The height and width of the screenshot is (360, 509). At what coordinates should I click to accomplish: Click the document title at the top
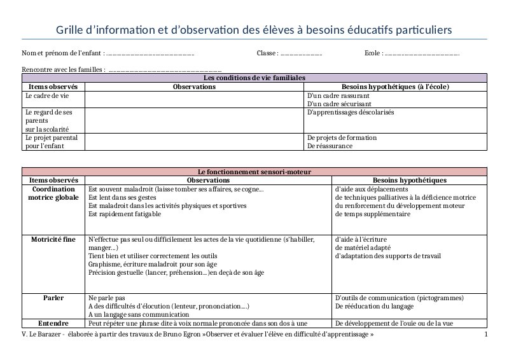pyautogui.click(x=254, y=30)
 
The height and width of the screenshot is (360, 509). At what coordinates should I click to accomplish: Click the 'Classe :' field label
pyautogui.click(x=267, y=53)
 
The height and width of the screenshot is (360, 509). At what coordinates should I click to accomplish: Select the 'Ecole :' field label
pyautogui.click(x=373, y=53)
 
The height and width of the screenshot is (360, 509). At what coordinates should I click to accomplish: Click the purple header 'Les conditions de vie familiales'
pyautogui.click(x=254, y=78)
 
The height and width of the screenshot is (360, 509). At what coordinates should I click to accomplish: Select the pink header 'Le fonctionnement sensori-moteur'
pyautogui.click(x=254, y=172)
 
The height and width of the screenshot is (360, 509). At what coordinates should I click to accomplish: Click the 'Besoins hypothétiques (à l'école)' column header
pyautogui.click(x=395, y=87)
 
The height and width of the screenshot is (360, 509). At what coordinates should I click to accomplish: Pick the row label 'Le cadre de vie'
pyautogui.click(x=46, y=95)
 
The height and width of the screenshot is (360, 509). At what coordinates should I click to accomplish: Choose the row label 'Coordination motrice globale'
pyautogui.click(x=53, y=193)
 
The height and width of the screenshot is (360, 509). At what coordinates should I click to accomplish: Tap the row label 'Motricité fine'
pyautogui.click(x=53, y=240)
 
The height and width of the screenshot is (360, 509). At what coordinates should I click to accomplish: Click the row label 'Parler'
pyautogui.click(x=53, y=298)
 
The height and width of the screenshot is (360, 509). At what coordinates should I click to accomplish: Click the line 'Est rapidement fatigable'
pyautogui.click(x=125, y=214)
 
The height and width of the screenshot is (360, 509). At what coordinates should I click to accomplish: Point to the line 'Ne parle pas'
pyautogui.click(x=107, y=298)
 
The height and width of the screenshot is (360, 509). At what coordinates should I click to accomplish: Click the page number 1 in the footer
pyautogui.click(x=486, y=335)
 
